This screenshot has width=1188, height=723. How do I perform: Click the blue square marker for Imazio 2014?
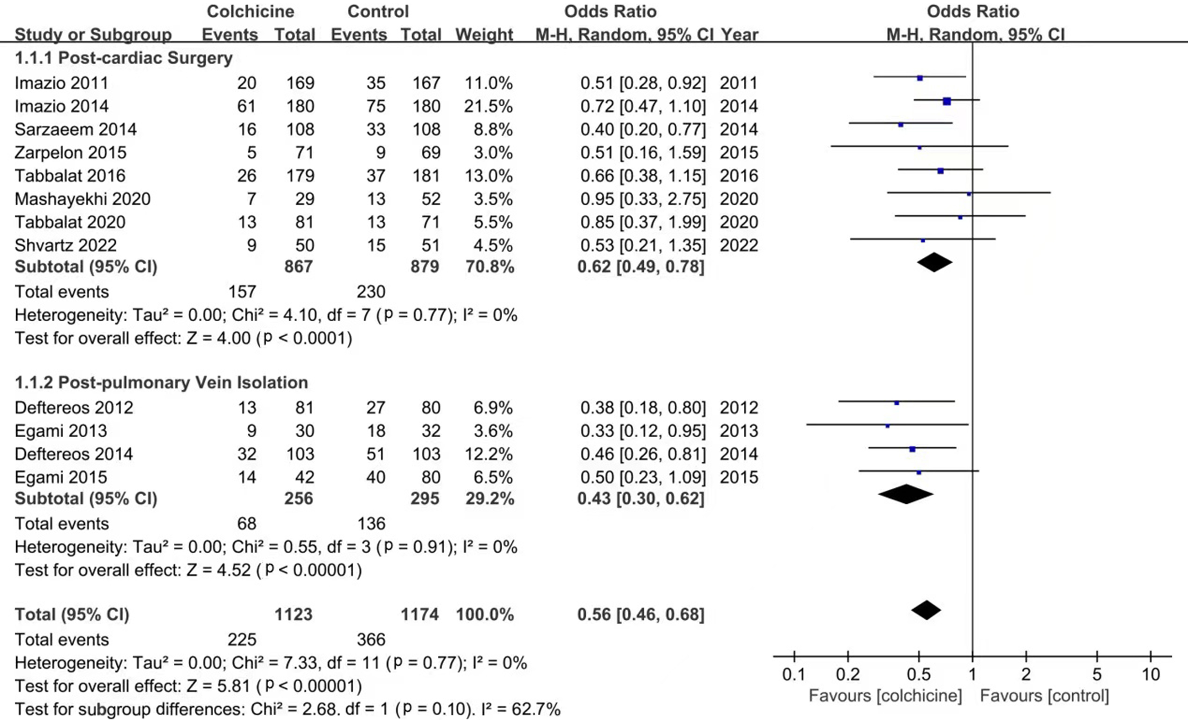point(947,101)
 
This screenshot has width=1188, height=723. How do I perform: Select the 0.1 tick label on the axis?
point(793,674)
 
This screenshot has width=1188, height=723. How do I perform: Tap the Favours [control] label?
point(1044,696)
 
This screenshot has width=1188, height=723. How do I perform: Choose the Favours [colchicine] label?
point(885,696)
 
